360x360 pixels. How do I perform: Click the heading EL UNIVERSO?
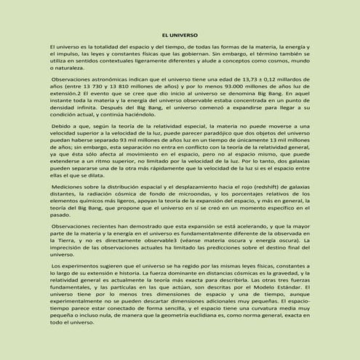coord(179,33)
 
